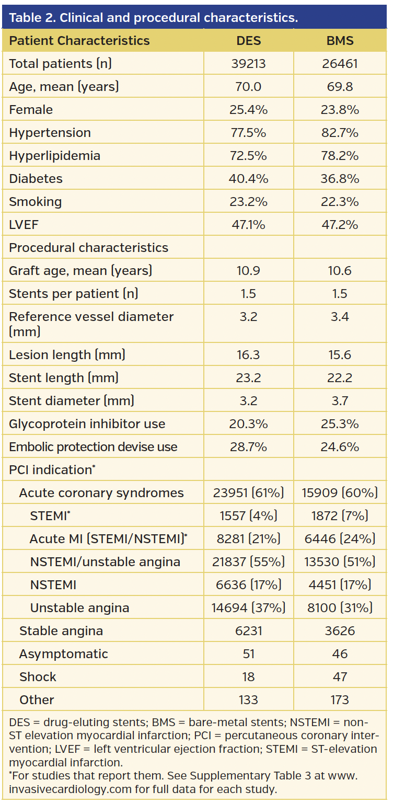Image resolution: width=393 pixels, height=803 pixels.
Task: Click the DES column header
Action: point(248,41)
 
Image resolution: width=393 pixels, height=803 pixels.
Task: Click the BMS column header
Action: point(340,41)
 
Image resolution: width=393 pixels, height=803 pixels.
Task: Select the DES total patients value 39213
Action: point(248,64)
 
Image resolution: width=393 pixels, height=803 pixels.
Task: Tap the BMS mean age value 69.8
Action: point(340,87)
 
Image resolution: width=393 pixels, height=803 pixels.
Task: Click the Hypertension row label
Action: point(50,133)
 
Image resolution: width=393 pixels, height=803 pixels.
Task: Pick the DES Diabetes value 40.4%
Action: point(248,179)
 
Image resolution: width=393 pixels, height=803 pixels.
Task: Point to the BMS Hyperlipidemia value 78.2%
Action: point(340,156)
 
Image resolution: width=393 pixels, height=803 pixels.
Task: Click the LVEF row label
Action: point(24,225)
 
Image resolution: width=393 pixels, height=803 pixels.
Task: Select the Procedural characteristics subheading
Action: point(88,248)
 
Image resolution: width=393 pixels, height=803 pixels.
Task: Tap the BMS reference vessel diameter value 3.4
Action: point(340,317)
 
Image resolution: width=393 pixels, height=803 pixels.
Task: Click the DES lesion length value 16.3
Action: point(248,355)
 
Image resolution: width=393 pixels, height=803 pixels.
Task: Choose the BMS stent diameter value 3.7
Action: point(340,401)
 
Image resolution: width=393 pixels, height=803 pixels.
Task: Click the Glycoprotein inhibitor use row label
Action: point(87,424)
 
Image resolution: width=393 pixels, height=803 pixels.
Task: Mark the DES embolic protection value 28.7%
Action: point(248,447)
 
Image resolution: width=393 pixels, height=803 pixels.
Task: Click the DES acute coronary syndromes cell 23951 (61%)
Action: point(248,493)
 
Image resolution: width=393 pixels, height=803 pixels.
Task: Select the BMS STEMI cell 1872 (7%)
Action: point(340,516)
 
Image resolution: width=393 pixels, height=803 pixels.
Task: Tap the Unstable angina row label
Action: point(79,608)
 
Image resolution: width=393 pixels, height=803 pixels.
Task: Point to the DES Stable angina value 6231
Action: point(248,631)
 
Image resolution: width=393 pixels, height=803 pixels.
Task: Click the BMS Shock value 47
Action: point(340,677)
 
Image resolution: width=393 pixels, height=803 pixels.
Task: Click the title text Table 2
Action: point(31,17)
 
